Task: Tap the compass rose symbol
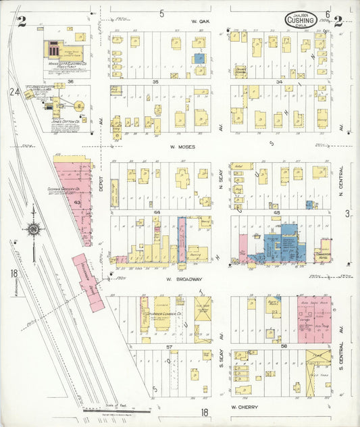(32, 229)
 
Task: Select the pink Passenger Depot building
(88, 281)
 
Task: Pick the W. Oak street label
(202, 21)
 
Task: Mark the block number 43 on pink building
(78, 202)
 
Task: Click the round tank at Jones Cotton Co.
(80, 105)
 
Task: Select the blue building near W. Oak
(199, 59)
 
